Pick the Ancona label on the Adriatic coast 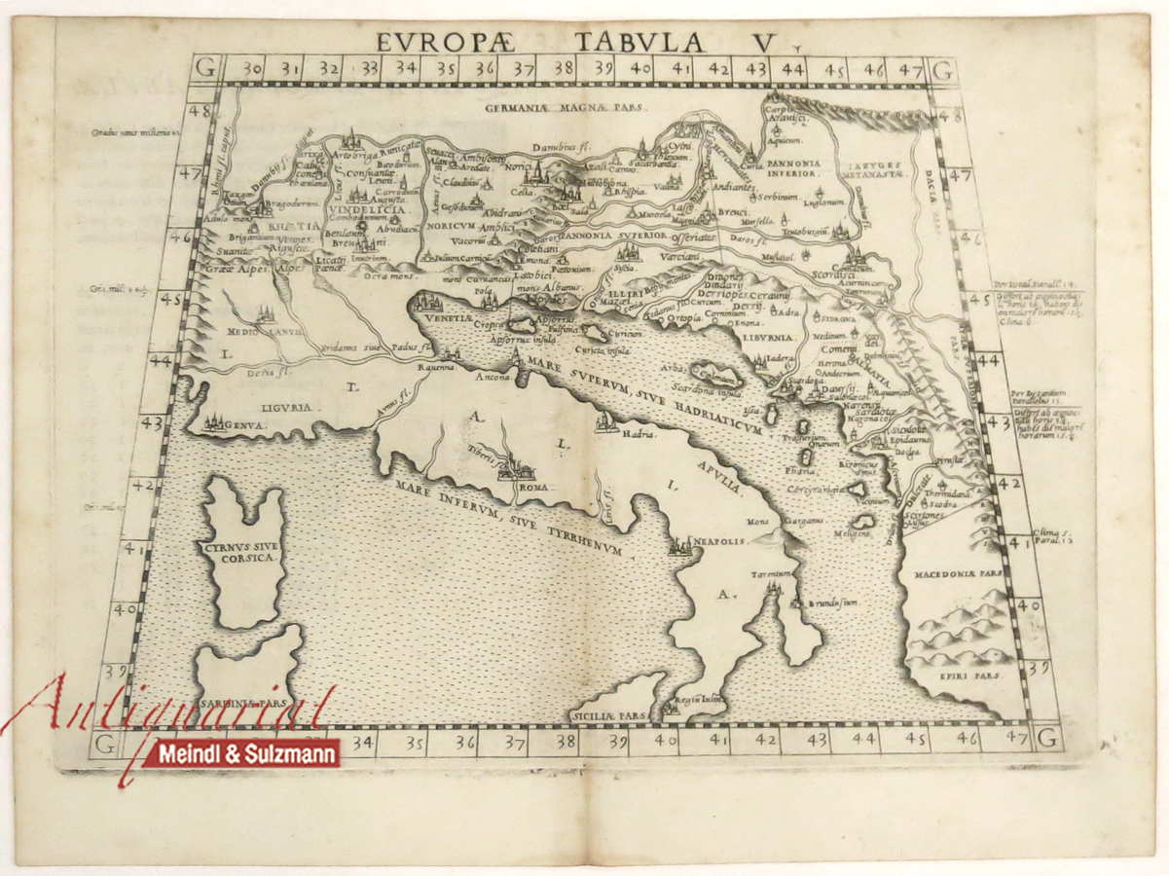coord(494,379)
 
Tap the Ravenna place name coord(438,368)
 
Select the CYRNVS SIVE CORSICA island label coord(242,553)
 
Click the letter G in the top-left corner coord(203,68)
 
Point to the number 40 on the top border coord(640,69)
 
